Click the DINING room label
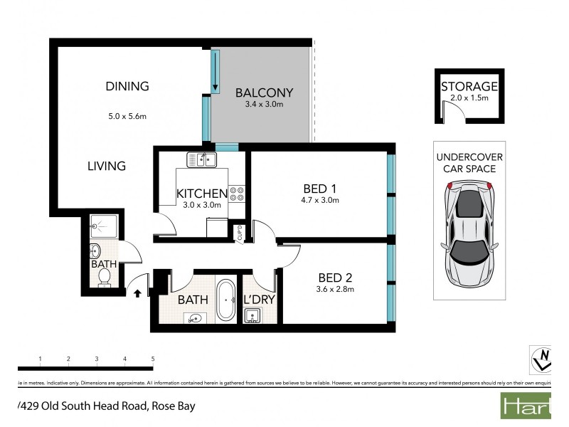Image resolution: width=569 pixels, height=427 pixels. point(127,86)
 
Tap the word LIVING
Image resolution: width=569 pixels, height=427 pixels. point(107,166)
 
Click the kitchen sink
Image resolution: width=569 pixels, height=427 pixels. point(201,159)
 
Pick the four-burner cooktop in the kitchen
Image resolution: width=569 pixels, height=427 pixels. point(237,194)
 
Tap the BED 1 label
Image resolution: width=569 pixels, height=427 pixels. point(319,189)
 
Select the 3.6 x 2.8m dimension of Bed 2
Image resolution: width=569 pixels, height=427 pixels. point(335,289)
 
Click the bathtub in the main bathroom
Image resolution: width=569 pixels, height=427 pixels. point(227,301)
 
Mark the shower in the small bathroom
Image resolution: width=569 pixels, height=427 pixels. point(105,225)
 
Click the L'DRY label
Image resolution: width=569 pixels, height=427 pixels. point(259,300)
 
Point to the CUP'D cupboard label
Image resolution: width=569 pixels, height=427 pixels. point(240,233)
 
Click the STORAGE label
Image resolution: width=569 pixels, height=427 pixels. point(469,87)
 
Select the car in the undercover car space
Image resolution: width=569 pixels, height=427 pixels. point(468,231)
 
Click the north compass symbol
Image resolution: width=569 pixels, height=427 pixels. point(542,358)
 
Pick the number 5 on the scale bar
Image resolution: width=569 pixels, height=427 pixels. point(152,358)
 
